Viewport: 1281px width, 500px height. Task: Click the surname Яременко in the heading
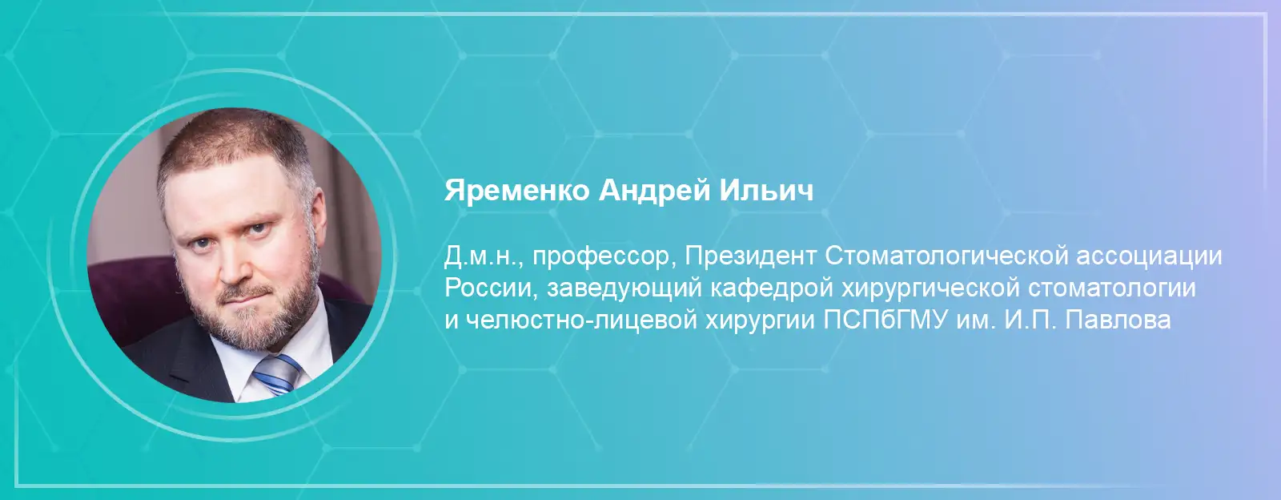[517, 190]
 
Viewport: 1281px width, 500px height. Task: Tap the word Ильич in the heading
[766, 190]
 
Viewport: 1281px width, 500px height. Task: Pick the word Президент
[750, 257]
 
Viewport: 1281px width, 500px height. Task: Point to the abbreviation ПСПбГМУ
[885, 319]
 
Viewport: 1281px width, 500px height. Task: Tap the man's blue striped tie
[277, 374]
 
